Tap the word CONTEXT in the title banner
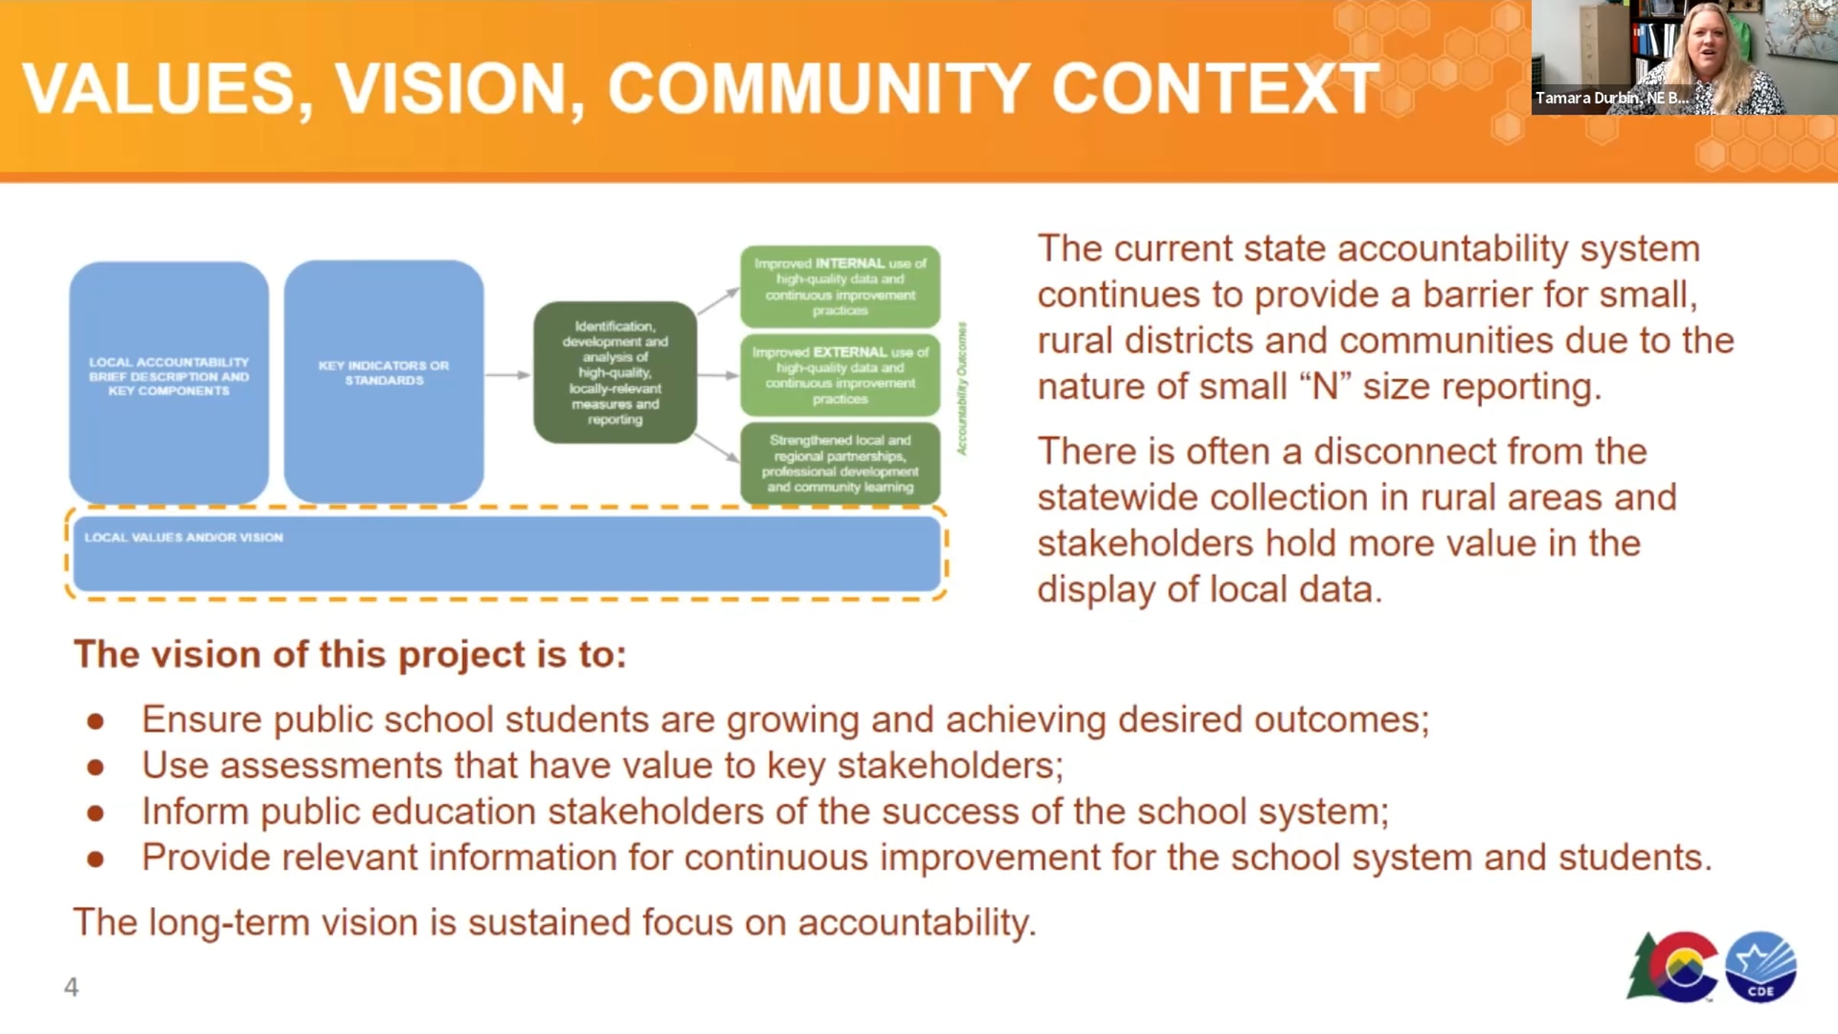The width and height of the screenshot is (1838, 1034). coord(1215,89)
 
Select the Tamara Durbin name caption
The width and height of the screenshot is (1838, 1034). coord(1611,98)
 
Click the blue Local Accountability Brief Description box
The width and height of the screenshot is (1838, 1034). coord(169,382)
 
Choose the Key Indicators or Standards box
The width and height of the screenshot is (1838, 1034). coord(384,381)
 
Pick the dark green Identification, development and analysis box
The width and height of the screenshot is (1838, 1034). coord(615,372)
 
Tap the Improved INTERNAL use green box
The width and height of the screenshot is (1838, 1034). coord(840,286)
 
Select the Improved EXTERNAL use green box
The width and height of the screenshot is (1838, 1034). coord(840,375)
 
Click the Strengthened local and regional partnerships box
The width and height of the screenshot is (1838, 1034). coord(840,463)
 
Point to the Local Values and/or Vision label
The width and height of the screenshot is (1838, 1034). coord(184,538)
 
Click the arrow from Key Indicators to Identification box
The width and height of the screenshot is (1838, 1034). coord(509,375)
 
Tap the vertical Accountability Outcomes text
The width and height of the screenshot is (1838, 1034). coord(962,388)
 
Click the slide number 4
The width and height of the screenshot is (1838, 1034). coord(71,987)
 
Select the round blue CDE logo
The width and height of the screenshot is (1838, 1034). coord(1761,967)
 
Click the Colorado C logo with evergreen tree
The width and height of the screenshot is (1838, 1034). coord(1674,967)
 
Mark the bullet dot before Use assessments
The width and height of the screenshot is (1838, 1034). coord(95,767)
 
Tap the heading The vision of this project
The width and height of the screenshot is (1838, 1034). coord(350,655)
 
